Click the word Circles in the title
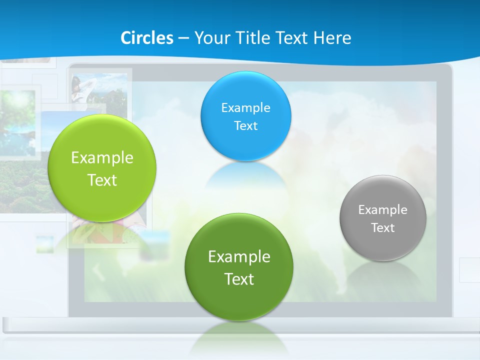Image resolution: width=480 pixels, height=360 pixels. click(147, 38)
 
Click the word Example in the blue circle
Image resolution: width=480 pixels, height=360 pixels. click(245, 107)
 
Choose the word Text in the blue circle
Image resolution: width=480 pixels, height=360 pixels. click(245, 125)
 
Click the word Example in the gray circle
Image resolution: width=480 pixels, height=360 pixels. click(383, 209)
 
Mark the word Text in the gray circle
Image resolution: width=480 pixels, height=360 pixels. click(383, 227)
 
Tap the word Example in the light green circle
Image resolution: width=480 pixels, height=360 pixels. click(102, 158)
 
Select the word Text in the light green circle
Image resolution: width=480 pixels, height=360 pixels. click(102, 180)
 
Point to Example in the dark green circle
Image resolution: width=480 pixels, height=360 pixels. click(239, 256)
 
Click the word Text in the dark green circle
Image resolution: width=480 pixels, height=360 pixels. click(239, 278)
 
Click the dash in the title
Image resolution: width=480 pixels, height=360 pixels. click(183, 38)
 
